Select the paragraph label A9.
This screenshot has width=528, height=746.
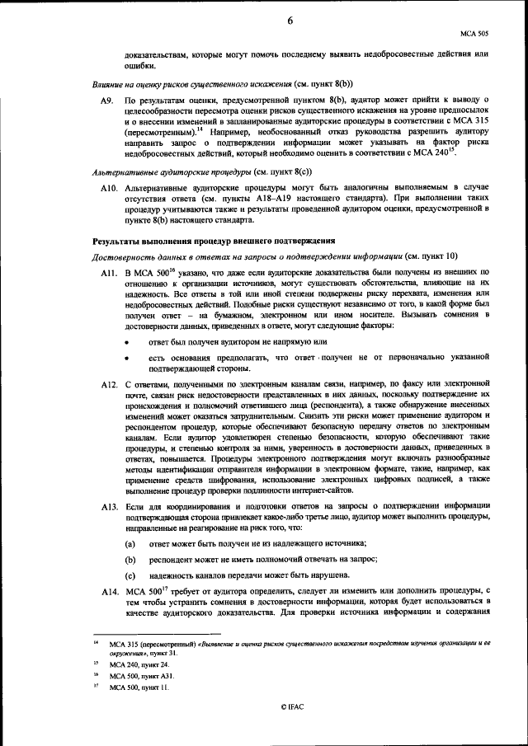pos(106,98)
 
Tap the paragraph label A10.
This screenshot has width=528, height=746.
pos(108,189)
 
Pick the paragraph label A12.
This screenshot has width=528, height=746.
pos(109,385)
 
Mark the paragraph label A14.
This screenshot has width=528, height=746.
pos(109,591)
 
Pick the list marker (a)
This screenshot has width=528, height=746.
pos(130,545)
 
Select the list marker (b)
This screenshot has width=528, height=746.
pos(130,560)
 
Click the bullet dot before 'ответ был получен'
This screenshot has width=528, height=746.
pos(127,340)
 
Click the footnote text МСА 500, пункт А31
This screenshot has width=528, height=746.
pos(146,675)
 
